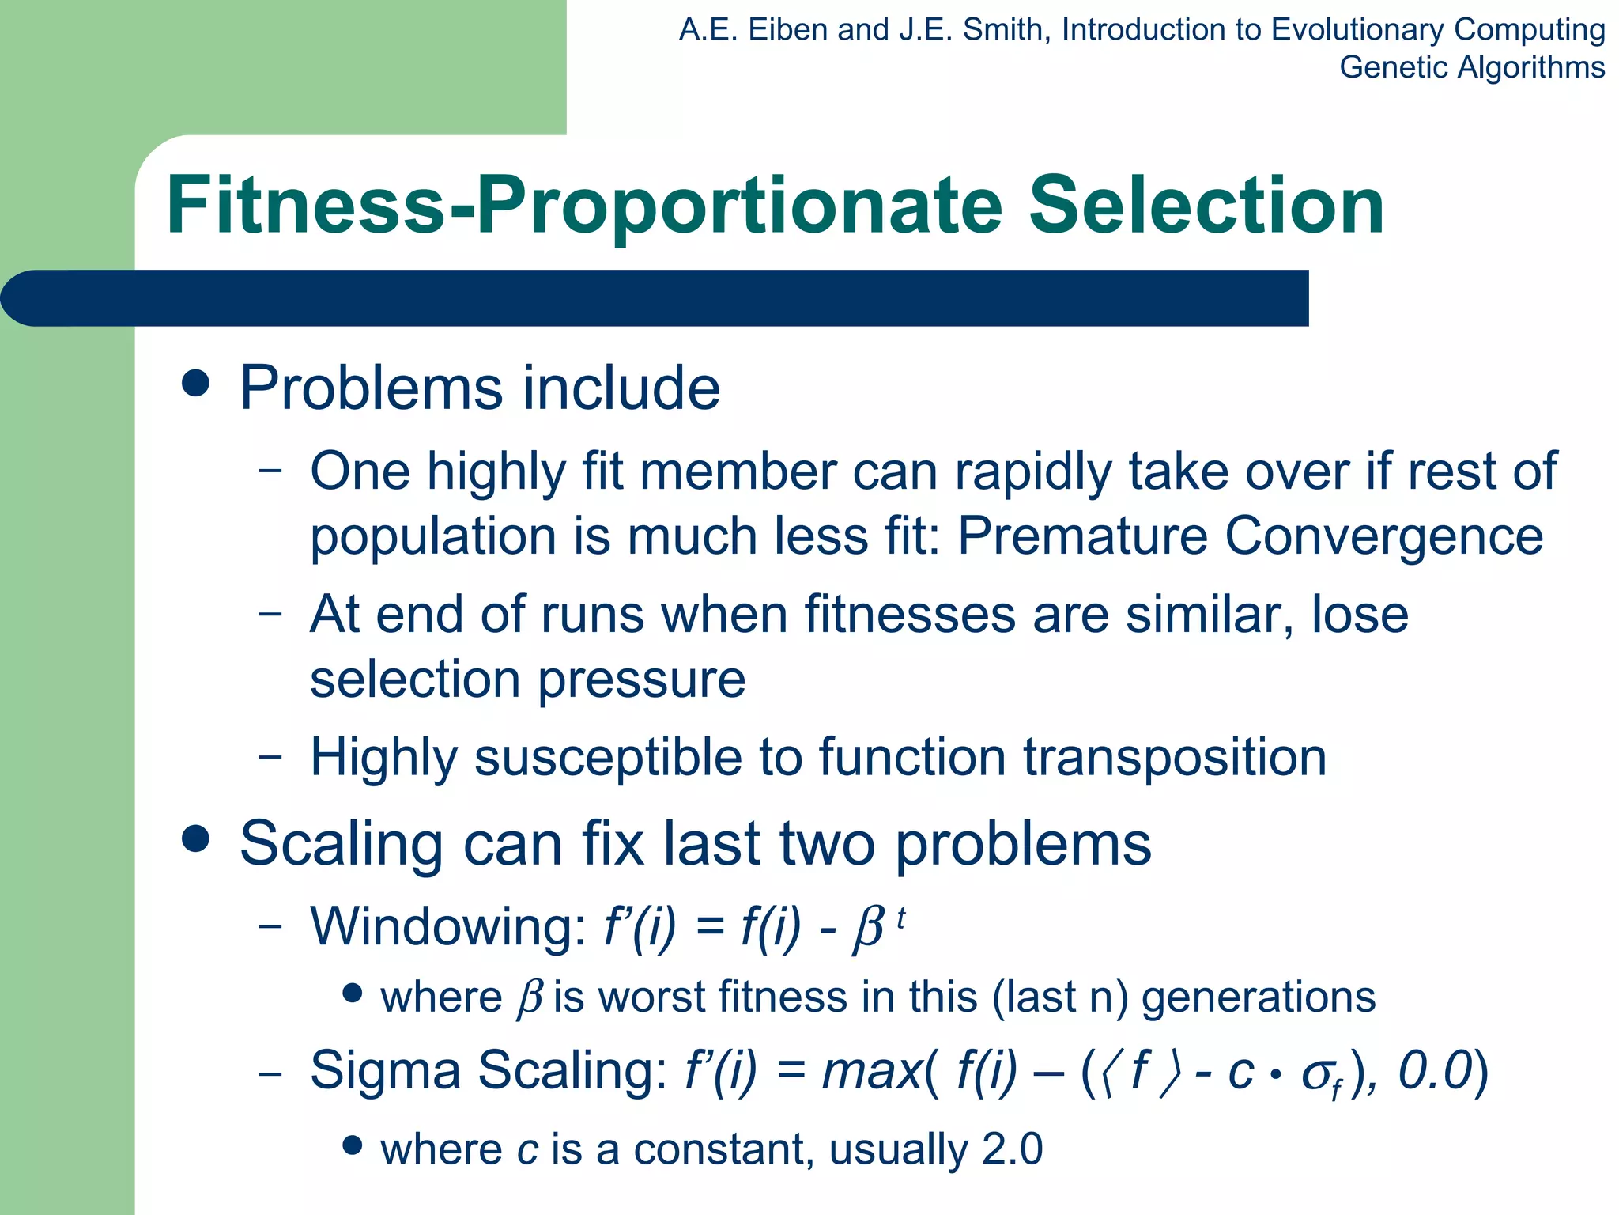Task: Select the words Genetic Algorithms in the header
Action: coord(1471,67)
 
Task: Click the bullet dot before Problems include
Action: coord(195,384)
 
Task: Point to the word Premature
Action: coord(1082,536)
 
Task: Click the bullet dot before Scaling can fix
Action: coord(195,838)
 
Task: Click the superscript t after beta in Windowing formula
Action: coord(900,918)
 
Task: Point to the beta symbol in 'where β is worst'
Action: coord(529,998)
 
